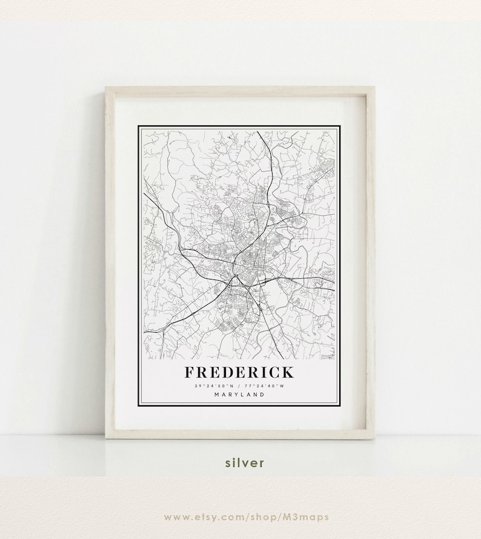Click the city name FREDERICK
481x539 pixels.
(239, 372)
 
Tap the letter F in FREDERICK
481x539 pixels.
(190, 372)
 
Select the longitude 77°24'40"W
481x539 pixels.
(265, 386)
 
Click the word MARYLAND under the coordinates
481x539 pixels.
(239, 395)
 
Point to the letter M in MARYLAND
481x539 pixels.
(216, 395)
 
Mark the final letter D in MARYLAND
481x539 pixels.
(262, 395)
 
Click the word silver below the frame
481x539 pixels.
(245, 463)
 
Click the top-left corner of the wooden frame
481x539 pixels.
(107, 88)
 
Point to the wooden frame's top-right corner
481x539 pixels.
(373, 88)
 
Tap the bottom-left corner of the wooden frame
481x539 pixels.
(107, 437)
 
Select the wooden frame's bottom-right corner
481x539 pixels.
(373, 437)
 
